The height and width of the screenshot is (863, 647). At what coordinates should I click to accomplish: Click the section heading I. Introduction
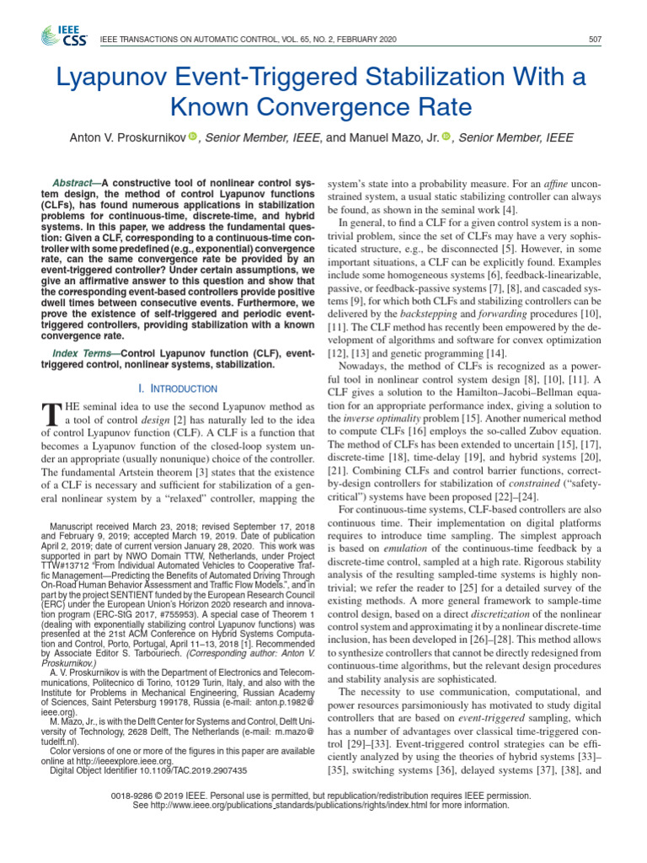183,388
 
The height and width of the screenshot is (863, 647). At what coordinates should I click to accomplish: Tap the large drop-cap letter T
51,414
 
